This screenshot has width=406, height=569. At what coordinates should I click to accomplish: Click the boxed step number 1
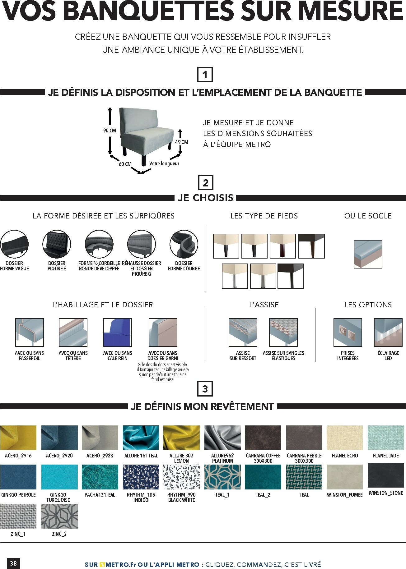coord(205,75)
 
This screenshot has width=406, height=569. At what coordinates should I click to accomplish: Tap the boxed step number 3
coord(205,389)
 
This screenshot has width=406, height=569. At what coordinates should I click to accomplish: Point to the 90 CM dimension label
coord(110,131)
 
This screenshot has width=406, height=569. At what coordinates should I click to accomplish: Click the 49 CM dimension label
coord(182,142)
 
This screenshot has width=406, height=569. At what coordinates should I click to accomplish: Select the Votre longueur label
coord(164,163)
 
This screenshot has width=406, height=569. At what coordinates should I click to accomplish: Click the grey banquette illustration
coord(146,136)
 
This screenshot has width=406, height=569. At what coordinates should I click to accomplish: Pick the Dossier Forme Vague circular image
coord(14,244)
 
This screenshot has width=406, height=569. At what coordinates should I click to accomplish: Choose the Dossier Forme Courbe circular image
coord(184,244)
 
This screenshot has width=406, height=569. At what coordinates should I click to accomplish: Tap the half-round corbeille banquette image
coord(99,244)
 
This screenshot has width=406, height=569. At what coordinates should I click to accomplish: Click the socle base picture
coord(368,254)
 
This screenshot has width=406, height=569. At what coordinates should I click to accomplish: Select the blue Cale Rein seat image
coord(118,333)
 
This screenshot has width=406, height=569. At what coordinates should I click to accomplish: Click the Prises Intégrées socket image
coord(348,333)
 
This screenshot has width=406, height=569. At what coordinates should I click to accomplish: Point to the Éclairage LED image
coord(388,333)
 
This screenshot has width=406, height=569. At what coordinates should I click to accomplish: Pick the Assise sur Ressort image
coord(243,333)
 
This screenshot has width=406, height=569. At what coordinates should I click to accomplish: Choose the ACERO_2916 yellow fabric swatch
coord(18,438)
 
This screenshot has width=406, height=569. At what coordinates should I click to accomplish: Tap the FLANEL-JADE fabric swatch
coord(386,438)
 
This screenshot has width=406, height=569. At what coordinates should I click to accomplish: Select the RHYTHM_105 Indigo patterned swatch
coord(141,477)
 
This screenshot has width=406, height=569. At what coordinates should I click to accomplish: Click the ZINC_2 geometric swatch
coord(59,516)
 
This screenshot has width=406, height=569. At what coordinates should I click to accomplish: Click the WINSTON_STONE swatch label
coord(386,493)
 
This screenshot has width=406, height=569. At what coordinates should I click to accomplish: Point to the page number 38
coord(13,563)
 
